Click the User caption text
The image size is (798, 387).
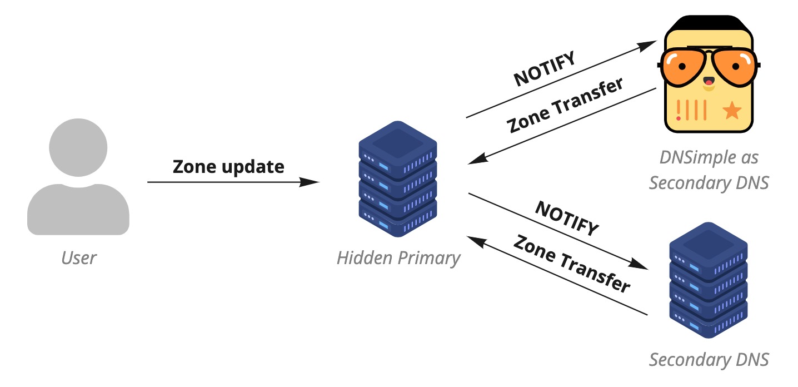coord(78,257)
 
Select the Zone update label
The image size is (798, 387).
coord(228,166)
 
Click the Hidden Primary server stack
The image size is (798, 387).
coord(398,178)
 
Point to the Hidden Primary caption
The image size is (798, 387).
coord(398,258)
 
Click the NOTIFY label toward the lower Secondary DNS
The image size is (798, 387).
coord(567,218)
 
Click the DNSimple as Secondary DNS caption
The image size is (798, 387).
coord(709,170)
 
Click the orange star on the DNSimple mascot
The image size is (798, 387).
coord(732,111)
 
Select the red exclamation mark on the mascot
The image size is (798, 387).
coord(679,111)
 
